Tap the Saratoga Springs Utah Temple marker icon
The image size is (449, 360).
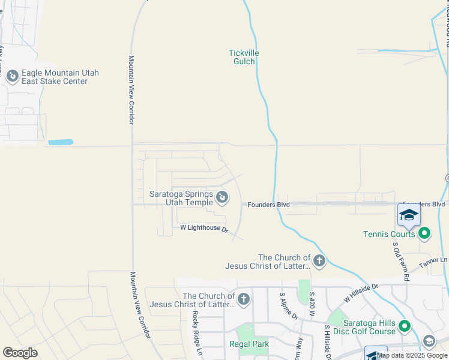[x=221, y=196]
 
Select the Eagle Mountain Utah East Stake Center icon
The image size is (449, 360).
[x=12, y=76]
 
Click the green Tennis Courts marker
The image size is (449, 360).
[x=424, y=233]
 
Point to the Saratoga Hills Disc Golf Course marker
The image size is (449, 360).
[x=405, y=326]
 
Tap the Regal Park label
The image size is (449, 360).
[x=249, y=344]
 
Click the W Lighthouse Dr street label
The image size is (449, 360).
[x=204, y=228]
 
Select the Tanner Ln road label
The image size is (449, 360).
[x=436, y=260]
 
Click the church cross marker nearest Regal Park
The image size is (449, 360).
[x=243, y=299]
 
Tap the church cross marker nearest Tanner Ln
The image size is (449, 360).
[x=319, y=261]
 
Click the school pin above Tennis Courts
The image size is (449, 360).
[x=409, y=215]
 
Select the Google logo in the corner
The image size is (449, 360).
[x=20, y=353]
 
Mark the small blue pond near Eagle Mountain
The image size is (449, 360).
[x=60, y=142]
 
